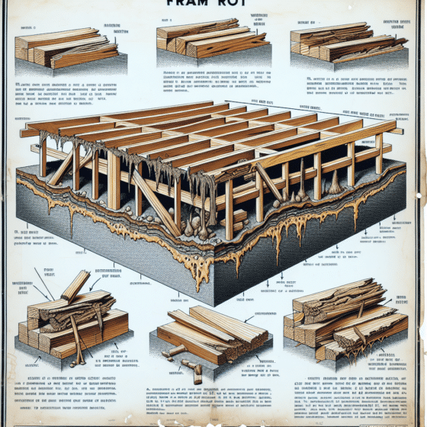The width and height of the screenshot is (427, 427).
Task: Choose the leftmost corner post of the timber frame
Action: pos(43,156)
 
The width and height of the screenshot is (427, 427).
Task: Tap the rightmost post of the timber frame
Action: pos(379,156)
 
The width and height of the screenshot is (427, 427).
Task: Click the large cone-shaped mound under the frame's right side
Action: pos(334,183)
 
